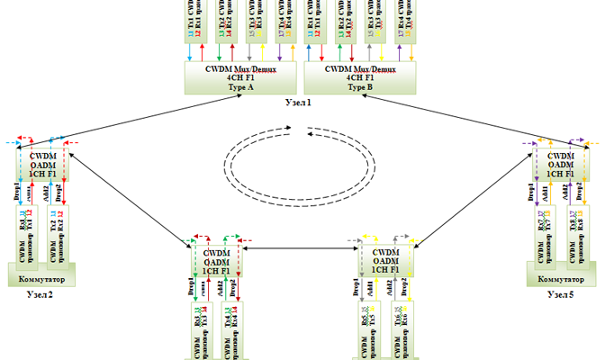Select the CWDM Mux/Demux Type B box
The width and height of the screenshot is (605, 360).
tap(359, 76)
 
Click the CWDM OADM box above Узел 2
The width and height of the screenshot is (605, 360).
tap(44, 163)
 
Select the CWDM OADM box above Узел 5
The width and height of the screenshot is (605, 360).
tap(561, 163)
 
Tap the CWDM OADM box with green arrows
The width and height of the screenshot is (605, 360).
tap(215, 262)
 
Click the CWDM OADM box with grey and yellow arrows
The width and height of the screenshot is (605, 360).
tap(385, 262)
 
